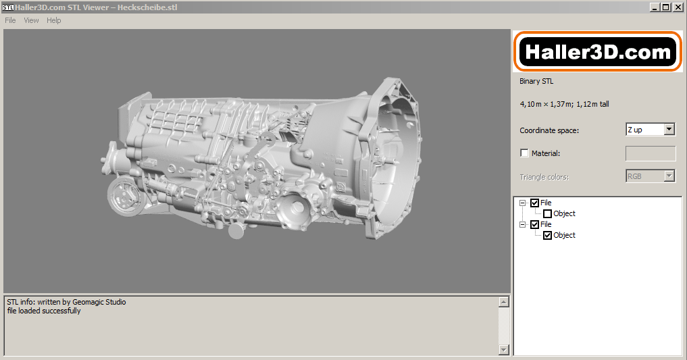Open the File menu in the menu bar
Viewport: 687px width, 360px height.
coord(10,20)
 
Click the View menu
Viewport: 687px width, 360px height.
coord(31,20)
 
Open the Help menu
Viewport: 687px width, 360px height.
coord(54,20)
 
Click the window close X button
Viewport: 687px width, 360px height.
coord(678,7)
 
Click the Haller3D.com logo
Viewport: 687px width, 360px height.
coord(598,52)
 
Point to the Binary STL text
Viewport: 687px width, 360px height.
coord(536,81)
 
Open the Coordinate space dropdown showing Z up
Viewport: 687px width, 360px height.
coord(651,130)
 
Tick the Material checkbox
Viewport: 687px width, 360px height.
coord(525,153)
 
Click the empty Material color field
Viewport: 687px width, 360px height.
coord(651,153)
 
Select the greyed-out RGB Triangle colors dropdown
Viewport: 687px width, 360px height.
coord(651,176)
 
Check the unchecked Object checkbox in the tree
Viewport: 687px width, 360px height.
coord(548,214)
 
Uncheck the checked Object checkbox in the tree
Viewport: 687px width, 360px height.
coord(548,236)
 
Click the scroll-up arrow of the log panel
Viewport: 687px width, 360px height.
coord(503,302)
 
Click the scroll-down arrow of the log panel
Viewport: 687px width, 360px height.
coord(503,349)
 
